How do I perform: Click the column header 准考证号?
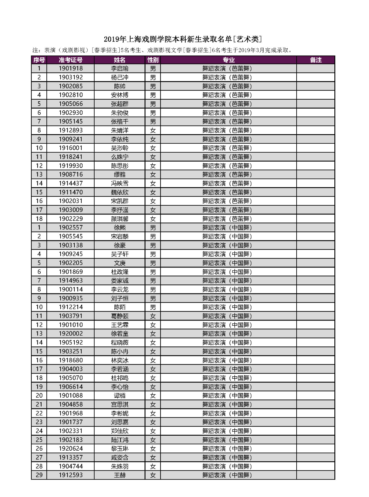71,60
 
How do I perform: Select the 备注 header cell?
316,60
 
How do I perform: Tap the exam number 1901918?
71,69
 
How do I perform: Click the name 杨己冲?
120,77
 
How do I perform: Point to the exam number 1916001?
71,148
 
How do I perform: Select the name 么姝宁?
120,157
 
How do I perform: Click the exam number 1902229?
71,219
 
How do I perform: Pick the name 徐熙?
120,227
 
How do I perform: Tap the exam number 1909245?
71,254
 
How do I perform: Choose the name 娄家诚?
120,280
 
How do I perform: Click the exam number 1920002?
71,333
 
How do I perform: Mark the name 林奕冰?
120,360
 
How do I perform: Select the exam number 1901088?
71,395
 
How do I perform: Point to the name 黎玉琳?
120,448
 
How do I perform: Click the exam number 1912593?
71,475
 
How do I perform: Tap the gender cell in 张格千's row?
153,122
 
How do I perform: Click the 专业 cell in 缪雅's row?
227,174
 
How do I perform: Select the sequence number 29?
39,475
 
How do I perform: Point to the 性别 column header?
153,60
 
